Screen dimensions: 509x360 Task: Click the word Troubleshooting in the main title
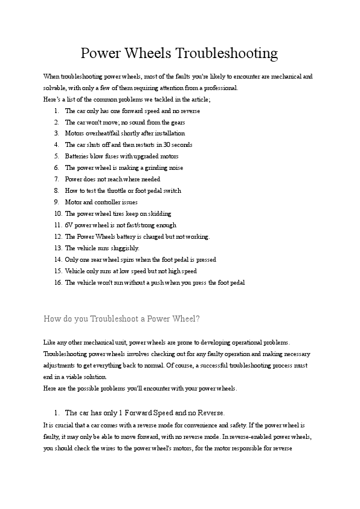point(227,54)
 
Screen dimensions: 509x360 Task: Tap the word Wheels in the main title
point(150,54)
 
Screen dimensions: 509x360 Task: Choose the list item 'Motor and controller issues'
point(101,202)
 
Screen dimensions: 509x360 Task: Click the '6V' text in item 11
point(69,225)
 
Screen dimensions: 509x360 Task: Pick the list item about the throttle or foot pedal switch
point(123,190)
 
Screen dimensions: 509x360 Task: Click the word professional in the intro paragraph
point(220,88)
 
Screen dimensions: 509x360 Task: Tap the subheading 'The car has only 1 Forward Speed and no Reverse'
point(144,413)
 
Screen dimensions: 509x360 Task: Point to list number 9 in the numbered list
point(56,202)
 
